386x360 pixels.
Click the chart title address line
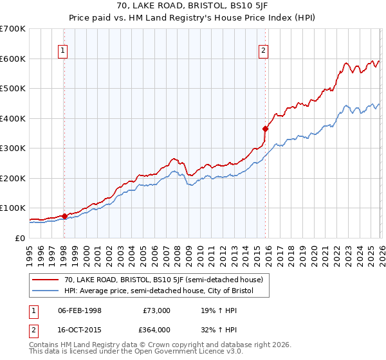pyautogui.click(x=193, y=7)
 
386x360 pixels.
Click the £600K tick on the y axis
pyautogui.click(x=13, y=59)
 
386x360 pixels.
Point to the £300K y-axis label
pyautogui.click(x=13, y=148)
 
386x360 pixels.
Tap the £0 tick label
pyautogui.click(x=20, y=239)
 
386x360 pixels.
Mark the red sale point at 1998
pyautogui.click(x=64, y=216)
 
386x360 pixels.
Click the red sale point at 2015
pyautogui.click(x=264, y=129)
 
